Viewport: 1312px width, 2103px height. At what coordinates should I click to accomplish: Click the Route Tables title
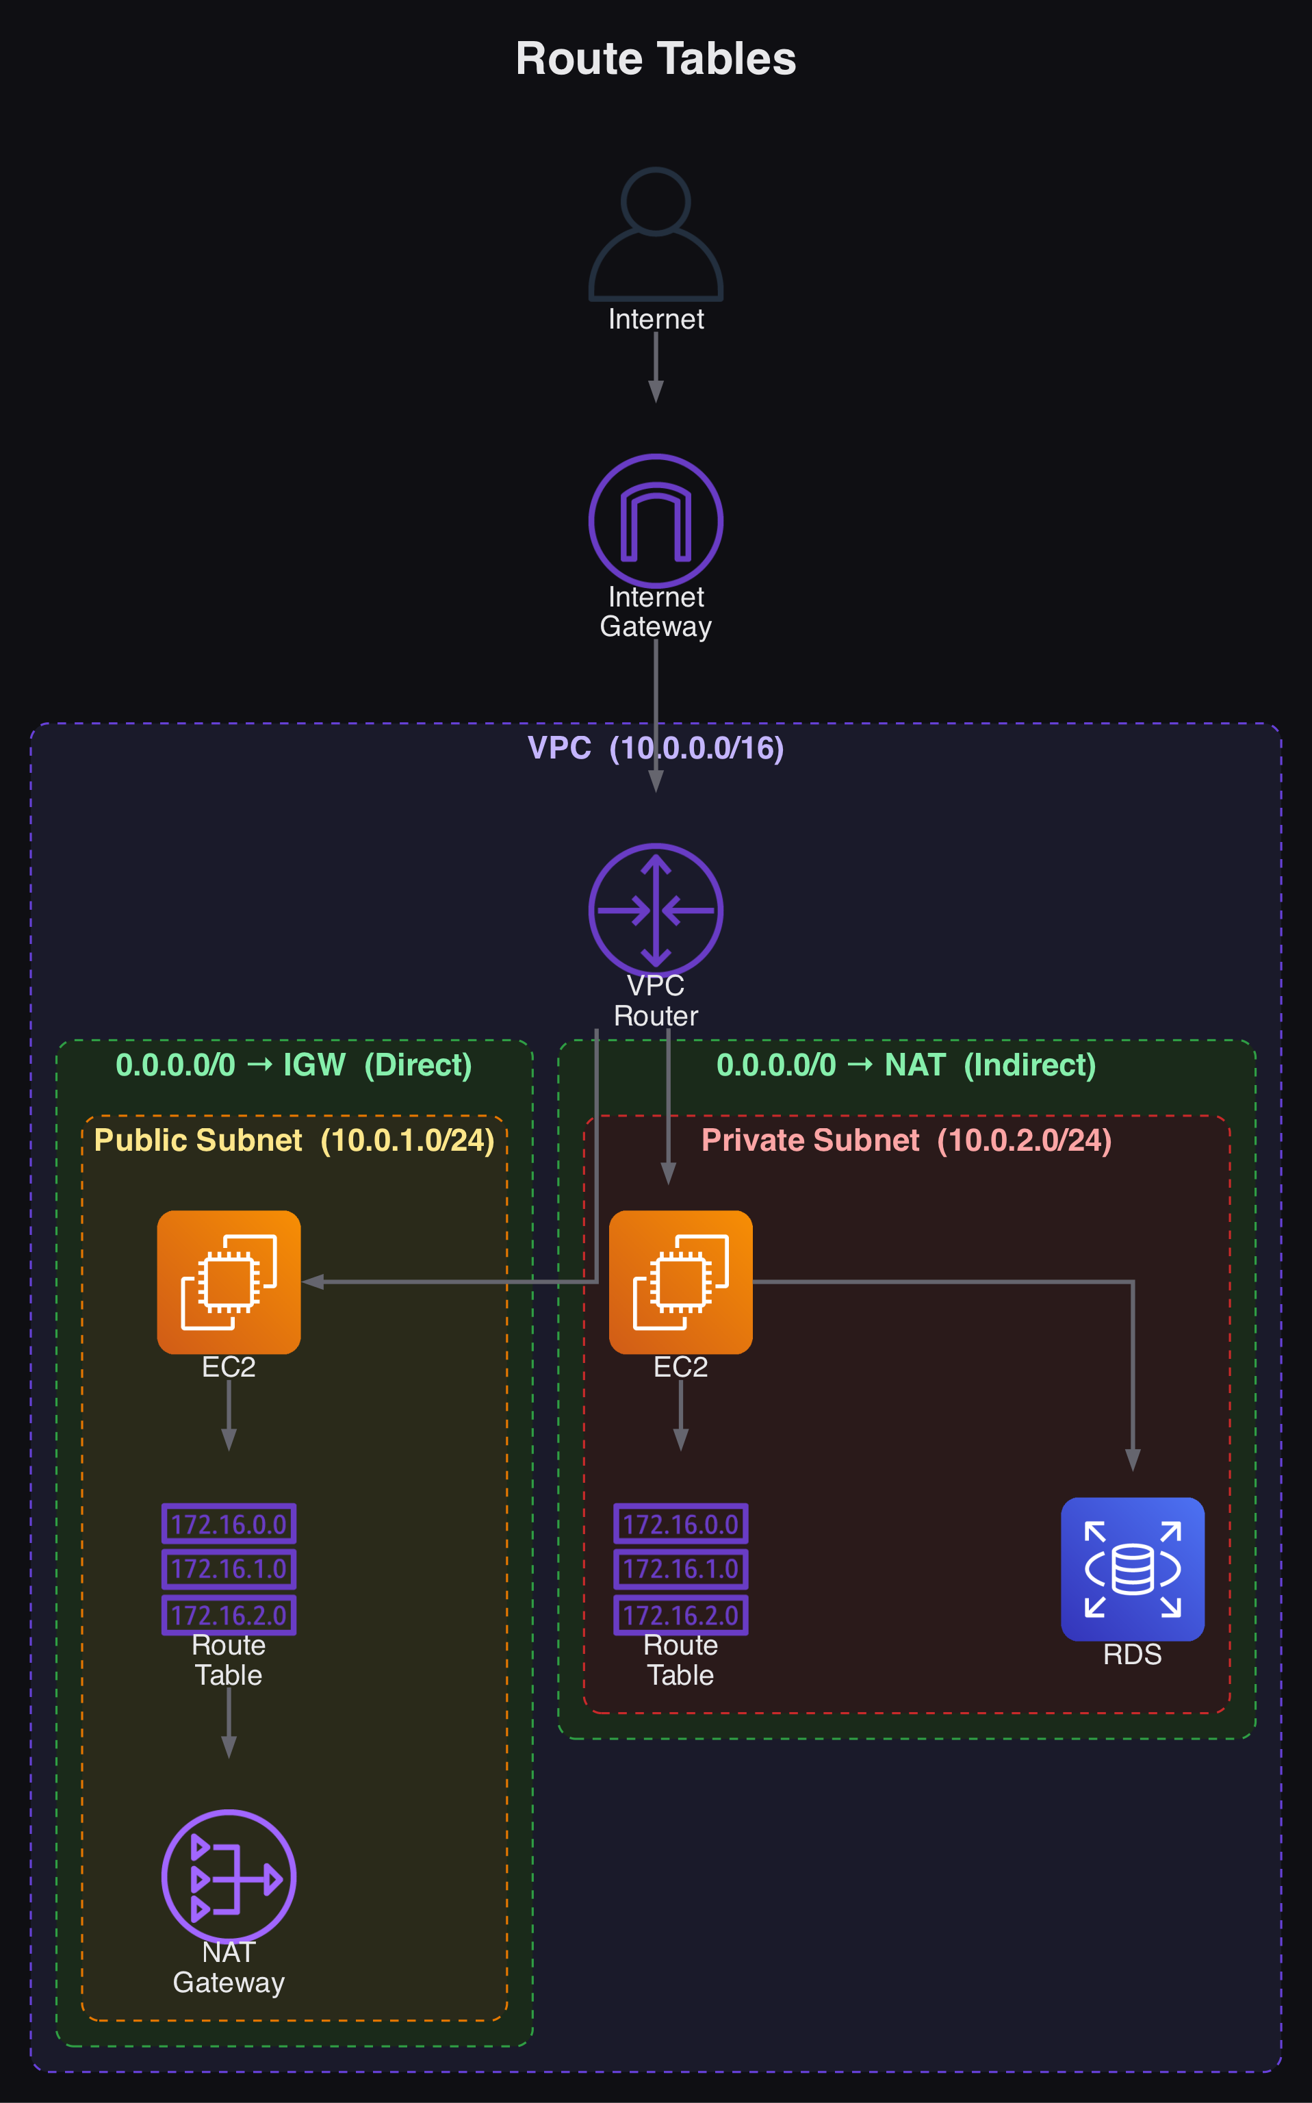pos(655,59)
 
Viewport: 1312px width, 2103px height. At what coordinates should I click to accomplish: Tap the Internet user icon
pos(655,234)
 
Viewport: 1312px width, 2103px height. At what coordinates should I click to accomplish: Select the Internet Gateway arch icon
pos(655,521)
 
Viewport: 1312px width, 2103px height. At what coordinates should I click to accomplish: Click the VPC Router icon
pos(655,910)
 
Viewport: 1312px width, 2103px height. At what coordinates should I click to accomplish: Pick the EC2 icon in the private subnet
pos(680,1282)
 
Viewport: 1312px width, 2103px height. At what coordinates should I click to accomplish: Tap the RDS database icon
pos(1133,1568)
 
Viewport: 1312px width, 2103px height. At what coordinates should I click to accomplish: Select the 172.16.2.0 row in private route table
pos(680,1615)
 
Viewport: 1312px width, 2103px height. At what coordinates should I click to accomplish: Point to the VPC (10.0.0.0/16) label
pos(655,748)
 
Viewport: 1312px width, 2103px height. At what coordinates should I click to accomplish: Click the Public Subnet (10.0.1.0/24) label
pos(294,1140)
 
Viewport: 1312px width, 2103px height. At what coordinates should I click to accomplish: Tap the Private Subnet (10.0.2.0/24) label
pos(906,1140)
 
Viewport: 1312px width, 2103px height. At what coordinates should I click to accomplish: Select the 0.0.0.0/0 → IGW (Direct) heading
pos(294,1065)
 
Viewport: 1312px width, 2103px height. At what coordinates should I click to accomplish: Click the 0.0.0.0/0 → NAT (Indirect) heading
pos(906,1065)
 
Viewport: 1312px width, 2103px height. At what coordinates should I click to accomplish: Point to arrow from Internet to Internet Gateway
pos(656,366)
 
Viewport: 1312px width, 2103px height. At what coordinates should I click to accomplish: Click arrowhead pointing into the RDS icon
pos(1133,1460)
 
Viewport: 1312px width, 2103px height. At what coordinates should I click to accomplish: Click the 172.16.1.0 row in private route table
pos(680,1569)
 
